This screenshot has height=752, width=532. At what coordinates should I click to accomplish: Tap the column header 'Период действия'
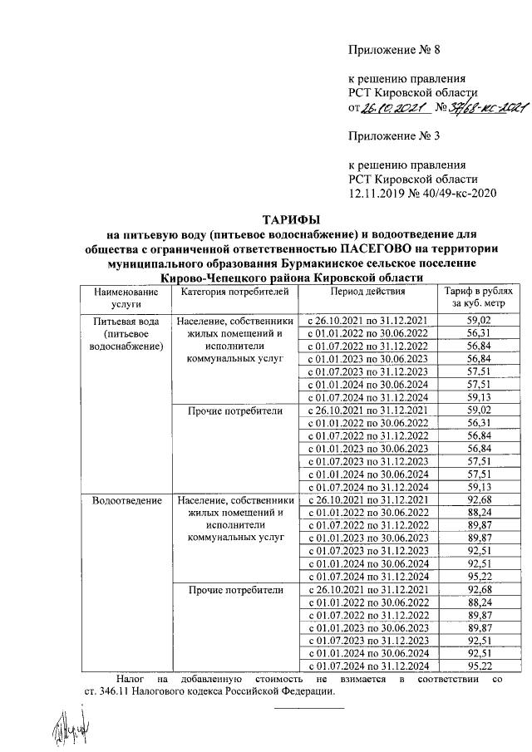click(x=367, y=292)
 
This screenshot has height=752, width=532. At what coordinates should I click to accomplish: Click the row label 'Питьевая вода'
click(x=126, y=321)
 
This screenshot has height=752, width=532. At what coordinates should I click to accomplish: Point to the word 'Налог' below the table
click(x=131, y=678)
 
